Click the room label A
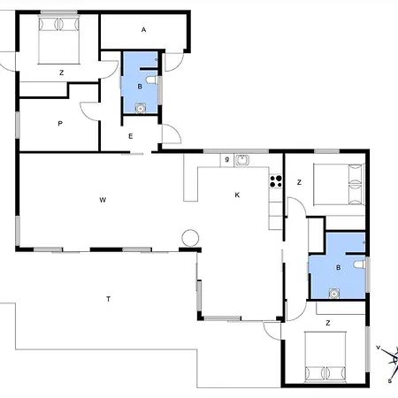coord(143,30)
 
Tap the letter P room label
coord(60,124)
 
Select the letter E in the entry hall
coord(131,136)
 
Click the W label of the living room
coord(103,200)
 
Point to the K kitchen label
coord(237,195)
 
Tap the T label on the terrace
coord(108,299)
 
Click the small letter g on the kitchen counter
coord(227,159)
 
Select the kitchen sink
coord(241,160)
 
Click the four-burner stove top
coord(276,181)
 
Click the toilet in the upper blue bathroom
coord(152,80)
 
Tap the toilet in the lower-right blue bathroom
coord(359,264)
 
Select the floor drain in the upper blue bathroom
coord(141,109)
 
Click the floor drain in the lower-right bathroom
coord(334,294)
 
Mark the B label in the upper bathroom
coord(140,87)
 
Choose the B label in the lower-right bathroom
coord(339,268)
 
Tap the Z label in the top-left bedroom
coord(61,73)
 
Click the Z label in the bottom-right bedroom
coord(328,323)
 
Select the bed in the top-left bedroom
coord(59,40)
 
